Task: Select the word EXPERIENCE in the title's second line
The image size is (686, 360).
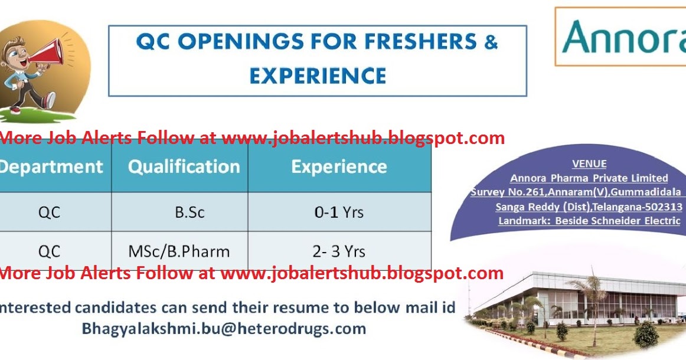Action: tap(318, 76)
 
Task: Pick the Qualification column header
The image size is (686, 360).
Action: tap(184, 166)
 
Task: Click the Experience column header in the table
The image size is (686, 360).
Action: tap(339, 166)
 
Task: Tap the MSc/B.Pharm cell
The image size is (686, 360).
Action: tap(179, 251)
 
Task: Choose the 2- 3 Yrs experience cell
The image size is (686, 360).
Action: tap(339, 251)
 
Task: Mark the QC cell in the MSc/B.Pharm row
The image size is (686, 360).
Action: tap(50, 251)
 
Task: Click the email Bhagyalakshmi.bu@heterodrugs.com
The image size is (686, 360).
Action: tap(224, 328)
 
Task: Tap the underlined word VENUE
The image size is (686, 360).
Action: tap(589, 164)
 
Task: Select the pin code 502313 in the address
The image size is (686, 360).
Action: tap(664, 207)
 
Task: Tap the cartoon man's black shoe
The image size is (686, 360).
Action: tap(49, 99)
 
